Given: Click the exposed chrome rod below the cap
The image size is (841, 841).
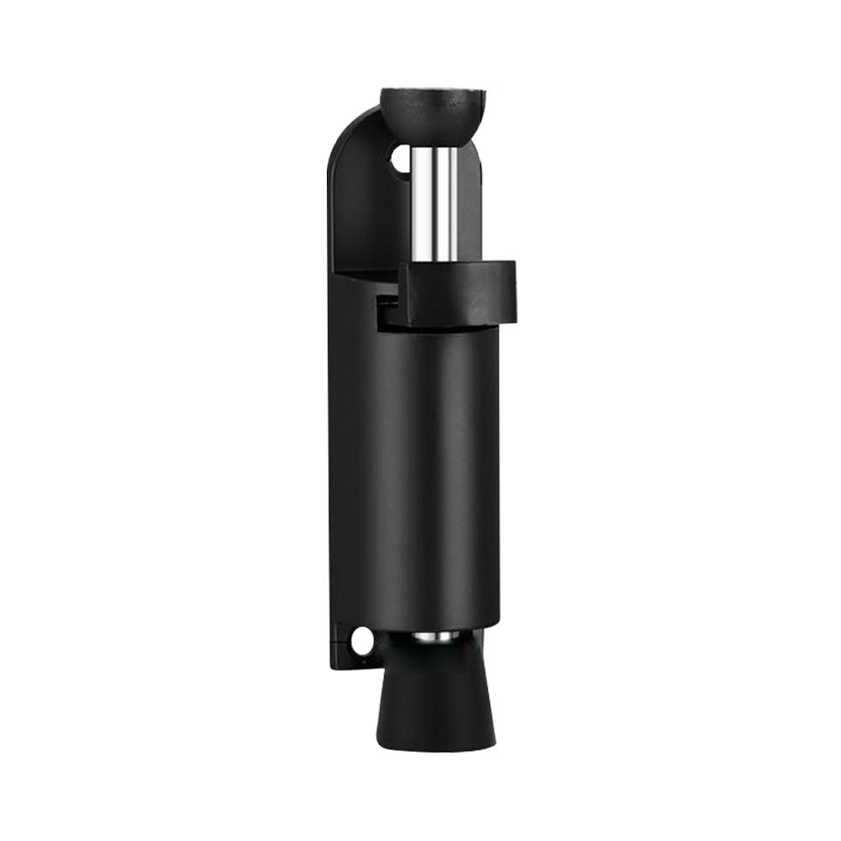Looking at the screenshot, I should coord(435,202).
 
